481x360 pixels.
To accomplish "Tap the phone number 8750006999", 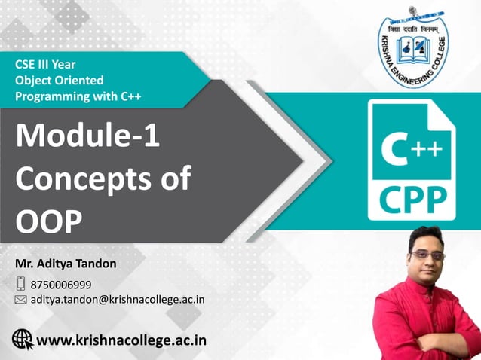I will point(61,284).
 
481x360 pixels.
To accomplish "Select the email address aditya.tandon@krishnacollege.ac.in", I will point(118,299).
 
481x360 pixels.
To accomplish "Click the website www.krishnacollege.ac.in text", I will point(121,340).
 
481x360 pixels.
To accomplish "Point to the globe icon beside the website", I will point(23,340).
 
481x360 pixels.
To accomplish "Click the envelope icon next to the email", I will point(21,300).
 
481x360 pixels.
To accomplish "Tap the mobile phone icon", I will point(20,284).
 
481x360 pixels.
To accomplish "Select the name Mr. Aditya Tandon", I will point(66,264).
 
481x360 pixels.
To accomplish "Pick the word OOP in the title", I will point(51,223).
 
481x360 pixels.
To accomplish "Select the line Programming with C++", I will point(78,96).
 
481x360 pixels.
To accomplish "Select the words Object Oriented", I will point(60,80).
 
